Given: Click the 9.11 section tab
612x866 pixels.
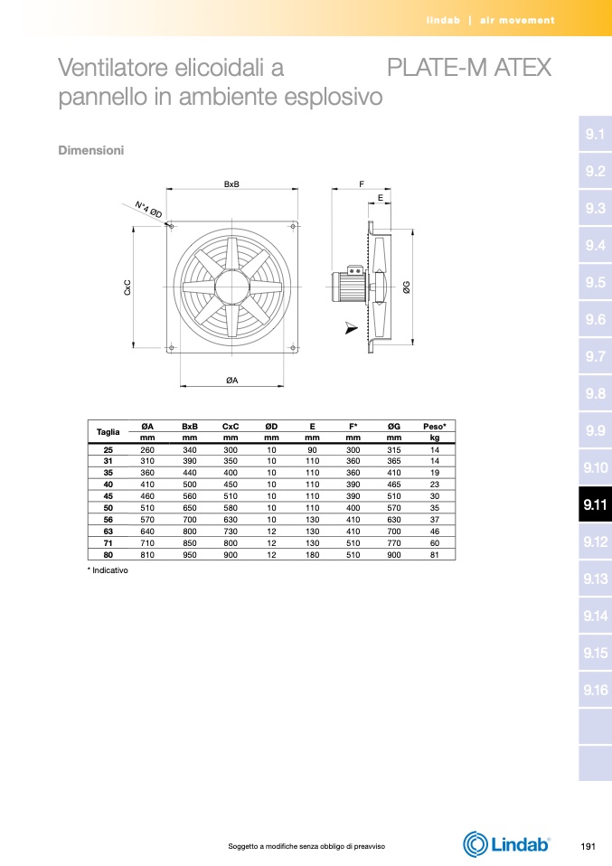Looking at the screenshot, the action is pos(595,504).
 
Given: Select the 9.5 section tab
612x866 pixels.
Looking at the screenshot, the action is pos(595,282).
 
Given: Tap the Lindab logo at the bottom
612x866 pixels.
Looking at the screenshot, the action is pos(506,844).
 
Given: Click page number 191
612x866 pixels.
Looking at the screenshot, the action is pos(588,846).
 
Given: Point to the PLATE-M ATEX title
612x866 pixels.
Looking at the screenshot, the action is pos(469,68).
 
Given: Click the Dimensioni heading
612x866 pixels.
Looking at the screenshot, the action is pos(91,150).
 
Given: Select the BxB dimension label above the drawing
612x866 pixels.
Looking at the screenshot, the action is pos(231,184).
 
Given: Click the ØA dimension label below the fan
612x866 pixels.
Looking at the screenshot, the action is pos(232,380).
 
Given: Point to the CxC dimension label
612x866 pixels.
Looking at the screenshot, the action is pos(127,287).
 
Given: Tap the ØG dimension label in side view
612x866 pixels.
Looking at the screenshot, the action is pos(407,287).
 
